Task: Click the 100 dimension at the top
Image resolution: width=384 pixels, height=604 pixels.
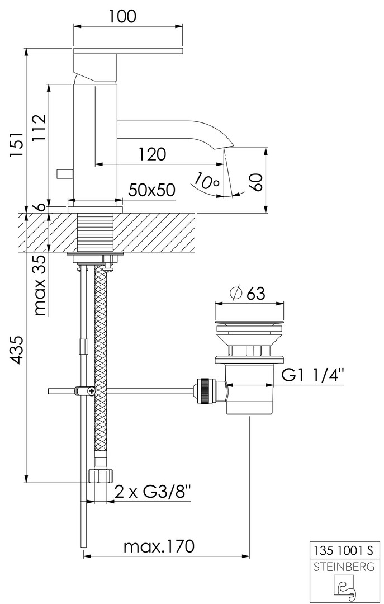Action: [123, 16]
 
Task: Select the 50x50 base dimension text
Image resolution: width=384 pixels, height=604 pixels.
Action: [151, 190]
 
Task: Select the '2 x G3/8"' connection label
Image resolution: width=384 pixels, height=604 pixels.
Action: [153, 492]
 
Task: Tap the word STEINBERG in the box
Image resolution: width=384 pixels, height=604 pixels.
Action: [344, 566]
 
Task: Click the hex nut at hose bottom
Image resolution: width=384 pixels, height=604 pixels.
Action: [101, 476]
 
